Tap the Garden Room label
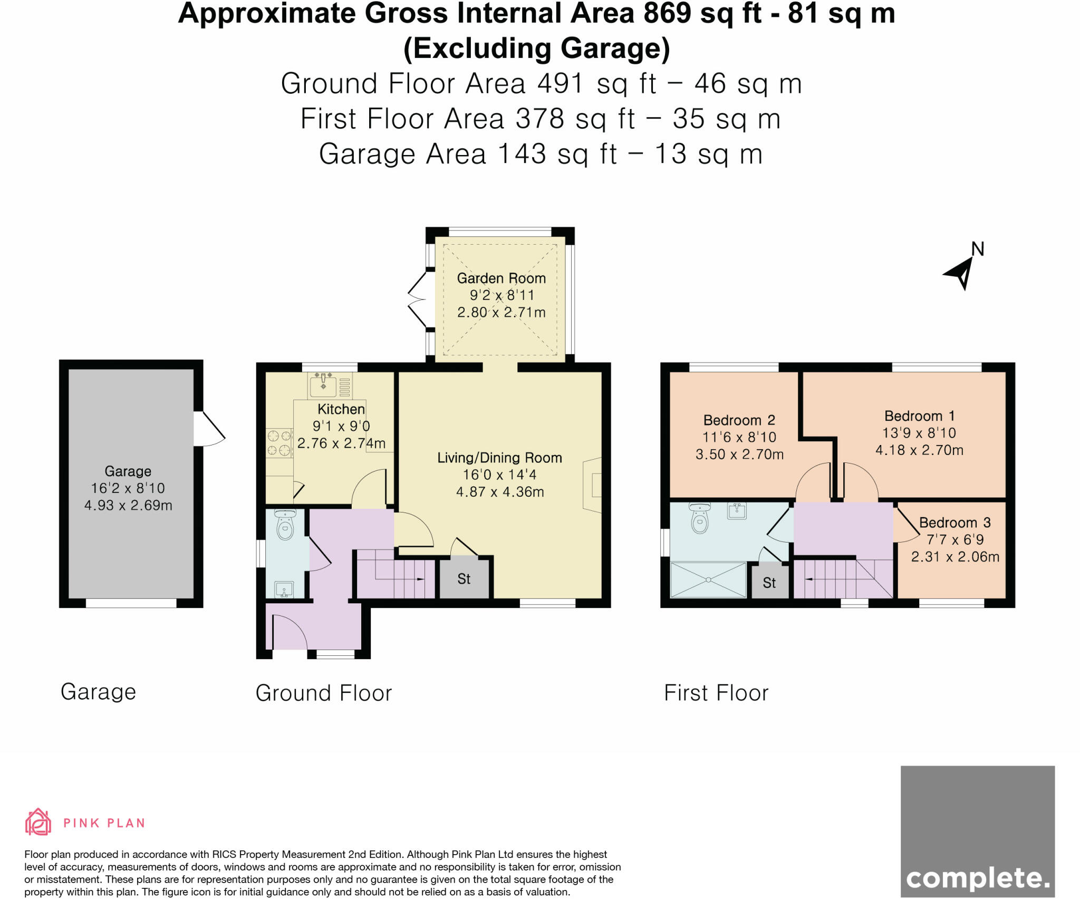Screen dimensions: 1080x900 [x=501, y=278]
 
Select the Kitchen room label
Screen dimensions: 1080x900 [x=341, y=409]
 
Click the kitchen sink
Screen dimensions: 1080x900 [x=323, y=385]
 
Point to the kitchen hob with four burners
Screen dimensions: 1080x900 [x=279, y=443]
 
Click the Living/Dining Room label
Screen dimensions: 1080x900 [x=499, y=458]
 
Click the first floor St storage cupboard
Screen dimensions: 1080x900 [x=769, y=582]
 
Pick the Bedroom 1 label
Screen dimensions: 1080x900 [x=920, y=416]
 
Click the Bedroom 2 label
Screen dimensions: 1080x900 [x=739, y=420]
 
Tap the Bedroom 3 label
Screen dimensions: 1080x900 [x=955, y=522]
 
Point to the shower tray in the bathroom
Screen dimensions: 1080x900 [x=708, y=579]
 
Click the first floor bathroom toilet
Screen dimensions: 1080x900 [x=700, y=518]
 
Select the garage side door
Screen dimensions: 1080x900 [x=209, y=429]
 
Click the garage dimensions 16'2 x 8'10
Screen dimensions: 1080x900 [x=128, y=488]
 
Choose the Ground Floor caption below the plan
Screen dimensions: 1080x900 [x=324, y=693]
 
